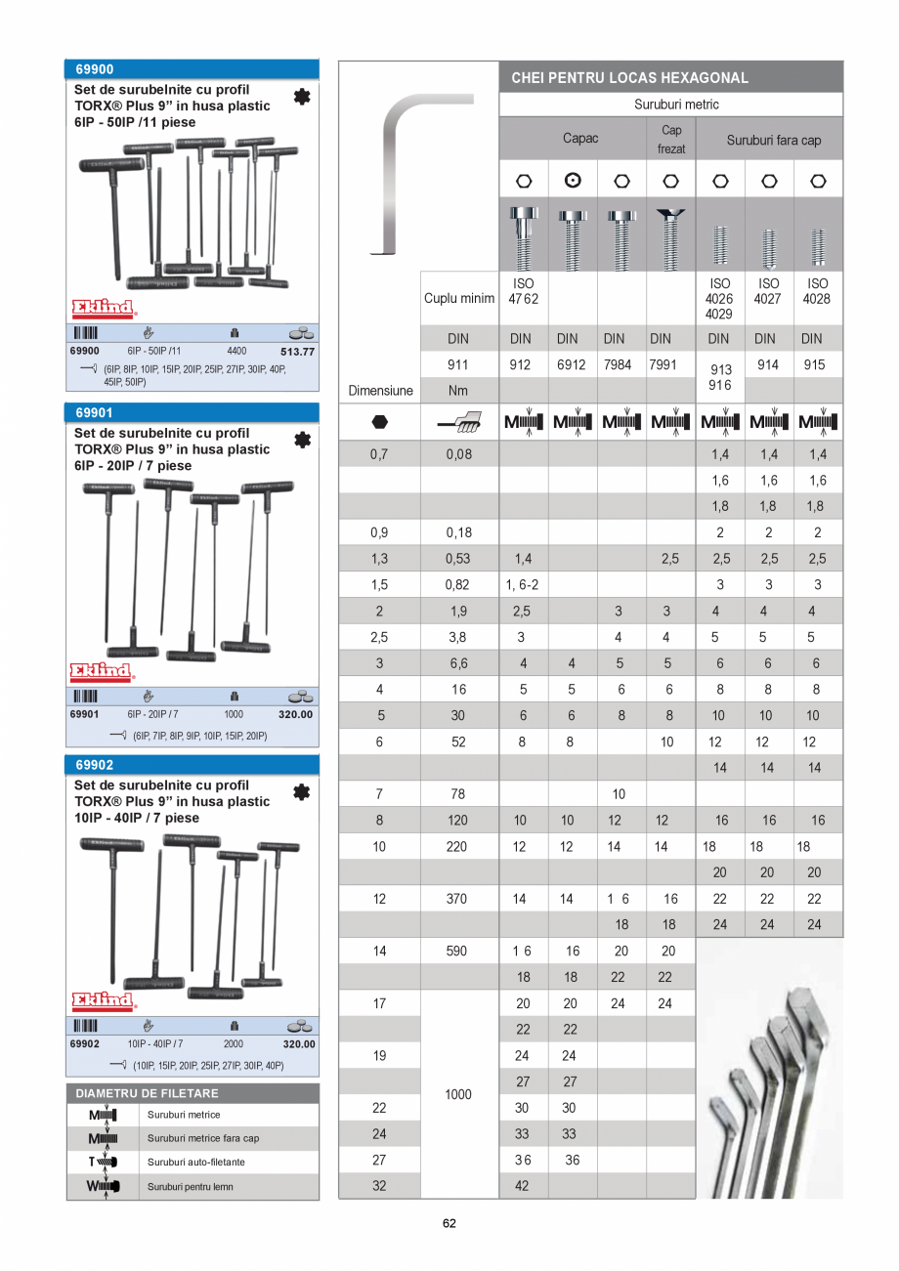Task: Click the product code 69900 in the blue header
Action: [x=95, y=69]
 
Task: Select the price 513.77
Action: [x=297, y=352]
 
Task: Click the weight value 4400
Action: [x=236, y=351]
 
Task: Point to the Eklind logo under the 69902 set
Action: [x=103, y=1001]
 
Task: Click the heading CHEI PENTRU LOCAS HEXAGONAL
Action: [x=629, y=77]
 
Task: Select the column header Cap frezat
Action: [x=671, y=140]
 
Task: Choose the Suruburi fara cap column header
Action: [x=773, y=140]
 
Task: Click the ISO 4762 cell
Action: [x=523, y=290]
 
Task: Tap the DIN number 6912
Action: [x=567, y=364]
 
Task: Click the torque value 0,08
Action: [x=458, y=454]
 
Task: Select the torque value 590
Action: [x=458, y=951]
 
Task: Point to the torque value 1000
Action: [x=458, y=1094]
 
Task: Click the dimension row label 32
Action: [x=379, y=1186]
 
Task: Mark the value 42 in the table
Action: [x=523, y=1186]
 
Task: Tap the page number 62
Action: [x=449, y=1223]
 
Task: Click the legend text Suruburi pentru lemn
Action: [x=190, y=1187]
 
